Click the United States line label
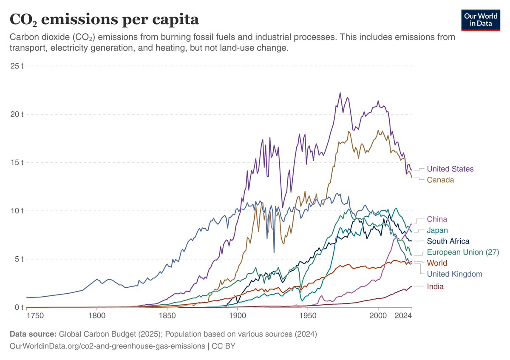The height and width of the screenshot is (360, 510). click(450, 169)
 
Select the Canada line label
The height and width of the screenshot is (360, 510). click(440, 180)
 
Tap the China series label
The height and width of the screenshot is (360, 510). click(437, 219)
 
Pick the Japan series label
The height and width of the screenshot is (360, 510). click(437, 230)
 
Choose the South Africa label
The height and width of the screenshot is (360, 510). click(448, 241)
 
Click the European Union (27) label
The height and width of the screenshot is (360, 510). click(463, 252)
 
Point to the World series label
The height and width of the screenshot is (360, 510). click(437, 263)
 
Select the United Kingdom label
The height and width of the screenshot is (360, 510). click(454, 274)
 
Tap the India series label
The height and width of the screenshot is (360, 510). click(435, 286)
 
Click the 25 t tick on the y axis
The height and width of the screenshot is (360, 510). click(17, 66)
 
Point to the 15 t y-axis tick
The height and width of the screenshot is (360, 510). click(17, 163)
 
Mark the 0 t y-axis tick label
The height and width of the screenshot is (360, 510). click(19, 307)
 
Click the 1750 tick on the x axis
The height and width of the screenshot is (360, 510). click(35, 316)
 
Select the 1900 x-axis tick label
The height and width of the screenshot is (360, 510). click(238, 316)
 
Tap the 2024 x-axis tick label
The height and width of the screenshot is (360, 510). click(403, 316)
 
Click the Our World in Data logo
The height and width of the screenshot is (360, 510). click(481, 20)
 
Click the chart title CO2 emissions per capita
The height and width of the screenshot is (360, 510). click(104, 20)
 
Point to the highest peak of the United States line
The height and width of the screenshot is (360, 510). click(340, 93)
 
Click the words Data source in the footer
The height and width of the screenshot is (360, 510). click(33, 334)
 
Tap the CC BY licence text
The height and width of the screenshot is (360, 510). click(224, 346)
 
